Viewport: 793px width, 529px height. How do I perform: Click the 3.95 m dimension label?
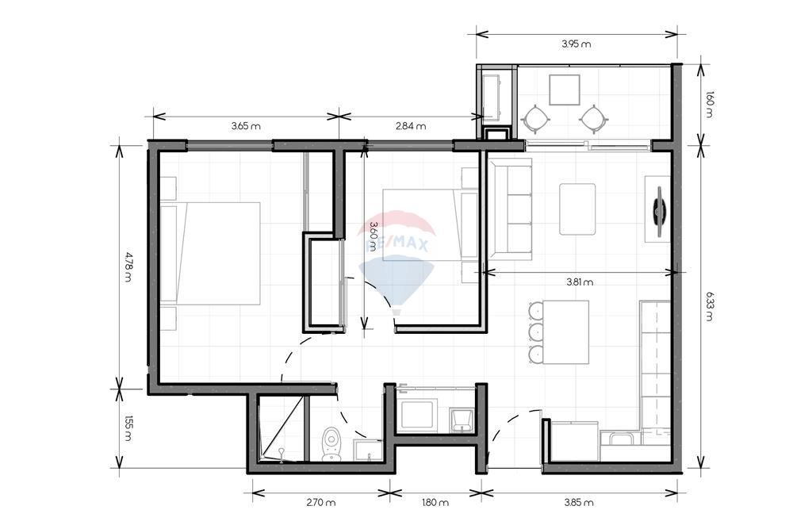(577, 44)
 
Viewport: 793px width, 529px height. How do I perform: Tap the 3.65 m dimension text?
(246, 126)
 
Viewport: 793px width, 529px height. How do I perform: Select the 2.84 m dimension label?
(411, 126)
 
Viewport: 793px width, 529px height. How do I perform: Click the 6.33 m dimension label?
(708, 305)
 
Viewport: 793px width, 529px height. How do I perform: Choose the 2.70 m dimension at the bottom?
(320, 502)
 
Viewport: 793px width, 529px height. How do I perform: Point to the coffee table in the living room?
(577, 209)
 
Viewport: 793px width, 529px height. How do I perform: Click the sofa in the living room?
(510, 209)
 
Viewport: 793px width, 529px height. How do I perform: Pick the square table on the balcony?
(565, 90)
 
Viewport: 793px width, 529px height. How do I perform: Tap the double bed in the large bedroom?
(210, 253)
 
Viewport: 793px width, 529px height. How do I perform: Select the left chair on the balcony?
(536, 120)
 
